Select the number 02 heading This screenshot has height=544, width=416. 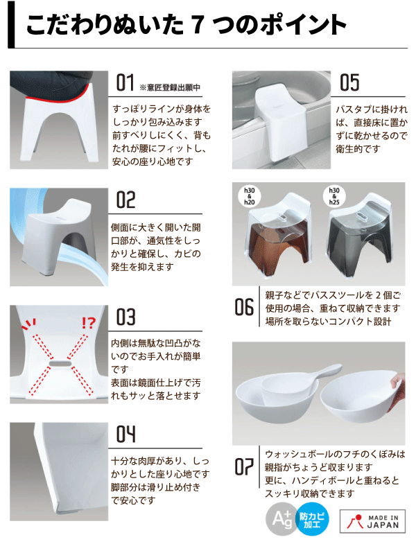pyautogui.click(x=125, y=201)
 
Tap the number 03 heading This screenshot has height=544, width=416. pyautogui.click(x=125, y=318)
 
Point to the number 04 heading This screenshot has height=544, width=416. pyautogui.click(x=125, y=435)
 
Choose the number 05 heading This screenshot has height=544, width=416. pyautogui.click(x=349, y=83)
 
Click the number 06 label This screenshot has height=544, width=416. pyautogui.click(x=243, y=306)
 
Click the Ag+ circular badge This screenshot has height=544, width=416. pyautogui.click(x=281, y=519)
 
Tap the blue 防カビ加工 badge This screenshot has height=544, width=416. pyautogui.click(x=314, y=519)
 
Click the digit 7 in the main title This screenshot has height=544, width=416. pyautogui.click(x=196, y=26)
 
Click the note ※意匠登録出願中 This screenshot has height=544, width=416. pyautogui.click(x=170, y=87)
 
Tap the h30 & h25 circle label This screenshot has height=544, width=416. pyautogui.click(x=333, y=196)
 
